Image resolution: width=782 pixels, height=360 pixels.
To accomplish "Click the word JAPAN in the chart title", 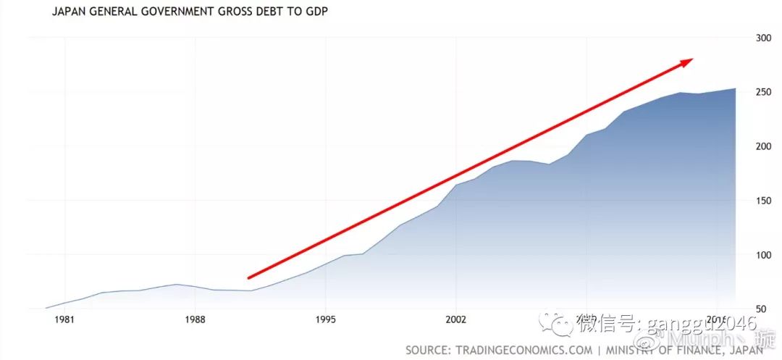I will (x=70, y=13).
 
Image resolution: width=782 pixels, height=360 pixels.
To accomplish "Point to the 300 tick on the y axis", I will (x=764, y=38).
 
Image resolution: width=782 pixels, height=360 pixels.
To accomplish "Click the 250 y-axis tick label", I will (x=764, y=92).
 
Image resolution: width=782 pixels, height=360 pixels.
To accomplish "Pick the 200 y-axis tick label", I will (x=764, y=146).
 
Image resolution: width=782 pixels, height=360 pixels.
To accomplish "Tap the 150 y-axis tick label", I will (x=764, y=201).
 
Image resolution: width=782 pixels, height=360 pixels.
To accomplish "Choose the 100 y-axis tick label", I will (x=764, y=255).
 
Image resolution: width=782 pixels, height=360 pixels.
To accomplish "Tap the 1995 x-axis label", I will (x=326, y=319).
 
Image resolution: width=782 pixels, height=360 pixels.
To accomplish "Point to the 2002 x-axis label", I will (x=456, y=319).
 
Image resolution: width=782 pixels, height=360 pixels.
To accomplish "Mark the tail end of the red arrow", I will (x=250, y=277).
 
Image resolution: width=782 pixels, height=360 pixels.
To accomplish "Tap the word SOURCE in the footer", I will (x=428, y=350).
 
